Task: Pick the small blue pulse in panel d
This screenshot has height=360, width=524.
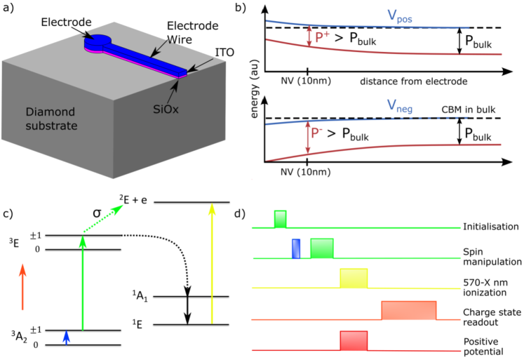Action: [296, 248]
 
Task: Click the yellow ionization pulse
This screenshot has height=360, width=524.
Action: [353, 278]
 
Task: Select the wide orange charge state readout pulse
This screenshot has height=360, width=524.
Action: [409, 309]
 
